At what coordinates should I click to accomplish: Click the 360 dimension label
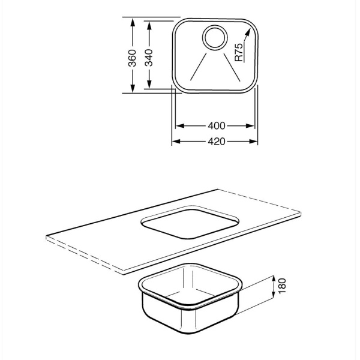click(x=132, y=58)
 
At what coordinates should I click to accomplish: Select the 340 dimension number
click(x=149, y=58)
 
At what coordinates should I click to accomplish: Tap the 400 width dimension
click(x=216, y=126)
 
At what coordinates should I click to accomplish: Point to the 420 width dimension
click(x=216, y=142)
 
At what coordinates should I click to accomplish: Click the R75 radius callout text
click(x=239, y=52)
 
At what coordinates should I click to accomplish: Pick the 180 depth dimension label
click(x=282, y=286)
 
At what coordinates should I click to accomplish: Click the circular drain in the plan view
click(x=215, y=37)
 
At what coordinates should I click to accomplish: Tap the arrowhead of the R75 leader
click(x=247, y=32)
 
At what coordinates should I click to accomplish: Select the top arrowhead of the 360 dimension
click(x=133, y=22)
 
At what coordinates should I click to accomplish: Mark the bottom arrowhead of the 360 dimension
click(x=133, y=88)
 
